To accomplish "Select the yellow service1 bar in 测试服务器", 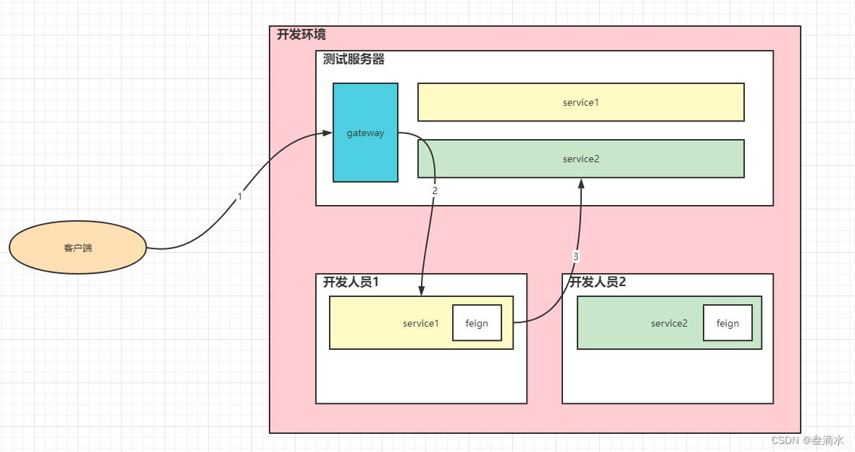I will coord(580,102).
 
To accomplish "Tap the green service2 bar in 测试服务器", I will coord(580,159).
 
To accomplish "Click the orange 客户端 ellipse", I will coord(78,248).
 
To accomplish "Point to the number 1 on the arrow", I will coord(240,196).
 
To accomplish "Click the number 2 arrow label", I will coord(435,191).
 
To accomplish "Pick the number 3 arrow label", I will coord(576,256).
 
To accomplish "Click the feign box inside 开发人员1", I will coord(477,323).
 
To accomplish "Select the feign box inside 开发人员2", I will coord(727,323).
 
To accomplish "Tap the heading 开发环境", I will coord(301,34).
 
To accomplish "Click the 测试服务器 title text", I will coord(354,59).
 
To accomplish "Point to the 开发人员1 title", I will coord(351,282).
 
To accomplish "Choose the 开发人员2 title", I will coord(598,282).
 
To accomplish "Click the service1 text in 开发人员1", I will coord(421,323).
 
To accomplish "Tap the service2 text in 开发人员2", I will coord(669,323).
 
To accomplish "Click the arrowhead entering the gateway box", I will coord(327,133).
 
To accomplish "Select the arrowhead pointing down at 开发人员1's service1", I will coord(421,290).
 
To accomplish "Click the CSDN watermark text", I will coord(807,440).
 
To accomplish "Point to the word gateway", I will coord(365,133).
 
